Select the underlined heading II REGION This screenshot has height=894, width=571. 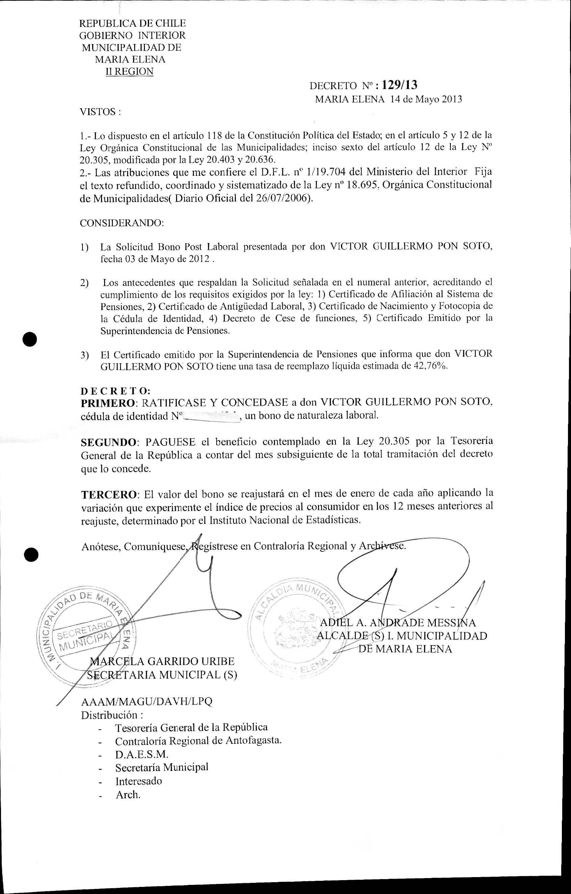click(129, 71)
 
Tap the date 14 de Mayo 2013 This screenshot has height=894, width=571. click(426, 99)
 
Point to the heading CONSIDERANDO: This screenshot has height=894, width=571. click(122, 223)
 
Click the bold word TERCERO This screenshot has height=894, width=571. click(109, 495)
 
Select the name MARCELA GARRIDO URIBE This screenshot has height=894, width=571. click(163, 661)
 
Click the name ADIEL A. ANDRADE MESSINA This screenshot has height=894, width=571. click(398, 622)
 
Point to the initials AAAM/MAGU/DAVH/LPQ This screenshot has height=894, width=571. click(147, 701)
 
